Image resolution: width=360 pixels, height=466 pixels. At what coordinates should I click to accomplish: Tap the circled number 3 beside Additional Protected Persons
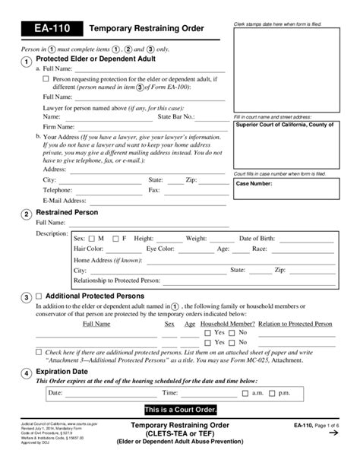pos(27,297)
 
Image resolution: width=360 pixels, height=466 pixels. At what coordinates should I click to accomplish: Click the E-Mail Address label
pos(65,201)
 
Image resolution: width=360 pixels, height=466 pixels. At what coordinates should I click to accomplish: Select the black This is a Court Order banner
pos(180,409)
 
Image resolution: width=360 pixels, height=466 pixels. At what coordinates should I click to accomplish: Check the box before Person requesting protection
pos(46,78)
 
